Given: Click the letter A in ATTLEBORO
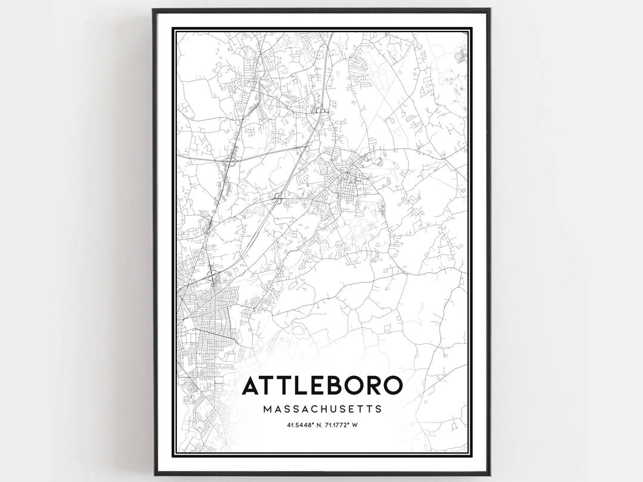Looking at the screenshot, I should (251, 385).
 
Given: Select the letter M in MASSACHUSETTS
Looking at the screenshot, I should (266, 409).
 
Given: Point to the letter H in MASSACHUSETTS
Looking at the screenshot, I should (325, 409).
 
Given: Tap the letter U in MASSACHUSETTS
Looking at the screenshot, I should (335, 409).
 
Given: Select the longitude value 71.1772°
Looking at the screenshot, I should (336, 425).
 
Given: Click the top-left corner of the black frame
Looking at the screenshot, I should (154, 10).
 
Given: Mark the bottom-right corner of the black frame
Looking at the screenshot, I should (489, 474).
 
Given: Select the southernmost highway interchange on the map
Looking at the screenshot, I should (211, 275).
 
